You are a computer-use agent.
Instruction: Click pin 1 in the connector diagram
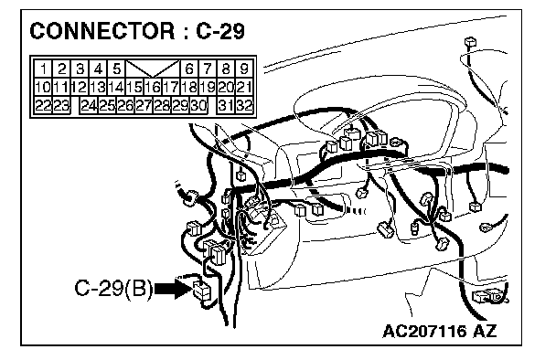pos(43,69)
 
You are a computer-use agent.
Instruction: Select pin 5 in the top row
pos(117,69)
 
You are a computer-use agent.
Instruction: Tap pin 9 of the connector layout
pos(244,69)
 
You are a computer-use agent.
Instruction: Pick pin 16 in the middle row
pos(153,87)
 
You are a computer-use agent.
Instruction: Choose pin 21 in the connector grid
pos(244,87)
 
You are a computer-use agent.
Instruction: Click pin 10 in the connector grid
pos(43,87)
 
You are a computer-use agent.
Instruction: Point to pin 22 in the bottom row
pos(43,106)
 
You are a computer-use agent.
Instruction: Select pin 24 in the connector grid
pos(89,106)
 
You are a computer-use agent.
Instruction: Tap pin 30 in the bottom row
pos(198,106)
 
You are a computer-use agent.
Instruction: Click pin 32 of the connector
pos(244,106)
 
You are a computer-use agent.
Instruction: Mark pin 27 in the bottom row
pos(144,106)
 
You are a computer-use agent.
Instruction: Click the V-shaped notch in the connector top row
pos(153,69)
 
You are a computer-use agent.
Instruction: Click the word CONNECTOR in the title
pos(102,31)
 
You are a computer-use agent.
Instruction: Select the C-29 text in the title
pos(220,31)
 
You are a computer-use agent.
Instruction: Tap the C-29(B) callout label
pos(113,288)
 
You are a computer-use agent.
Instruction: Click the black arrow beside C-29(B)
pos(174,289)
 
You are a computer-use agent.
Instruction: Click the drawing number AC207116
pos(424,332)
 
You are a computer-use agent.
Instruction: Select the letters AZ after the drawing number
pos(485,332)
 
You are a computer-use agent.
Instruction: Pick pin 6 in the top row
pos(189,69)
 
